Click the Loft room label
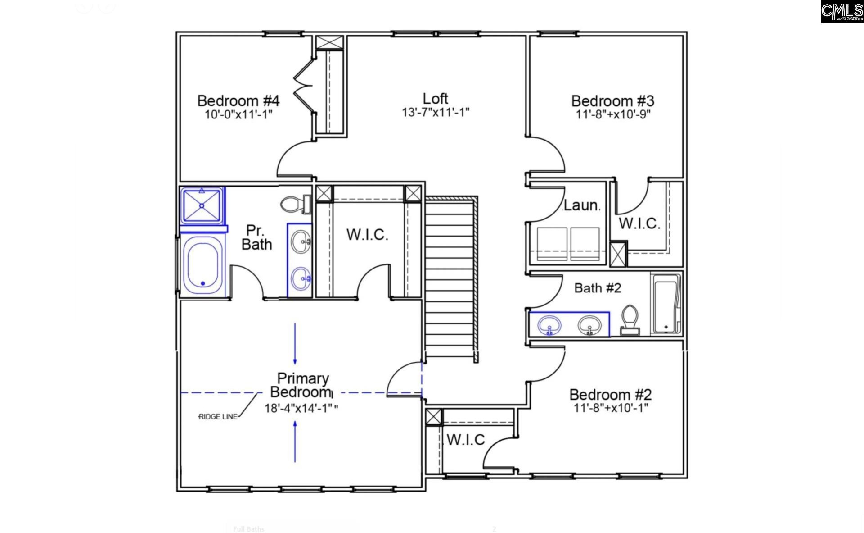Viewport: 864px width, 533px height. point(435,99)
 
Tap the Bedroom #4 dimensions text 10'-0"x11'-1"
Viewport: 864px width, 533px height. point(238,114)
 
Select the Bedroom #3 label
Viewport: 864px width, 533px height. point(612,100)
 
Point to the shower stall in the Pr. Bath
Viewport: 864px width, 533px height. point(202,206)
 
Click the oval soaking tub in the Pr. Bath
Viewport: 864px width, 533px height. point(202,266)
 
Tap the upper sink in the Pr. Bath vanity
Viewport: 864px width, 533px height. point(300,241)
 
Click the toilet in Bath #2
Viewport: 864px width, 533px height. point(630,319)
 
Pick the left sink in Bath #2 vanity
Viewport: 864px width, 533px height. point(549,324)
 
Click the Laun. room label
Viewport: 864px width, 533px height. point(581,205)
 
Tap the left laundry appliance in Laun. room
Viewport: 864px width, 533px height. point(552,244)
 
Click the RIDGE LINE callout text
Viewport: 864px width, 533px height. point(218,417)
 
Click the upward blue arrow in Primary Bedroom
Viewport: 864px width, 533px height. point(295,442)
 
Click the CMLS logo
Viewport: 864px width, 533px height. point(841,12)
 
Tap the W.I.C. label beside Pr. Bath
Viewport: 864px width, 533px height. point(367,235)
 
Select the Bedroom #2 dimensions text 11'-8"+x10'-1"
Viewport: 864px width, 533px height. point(611,408)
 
